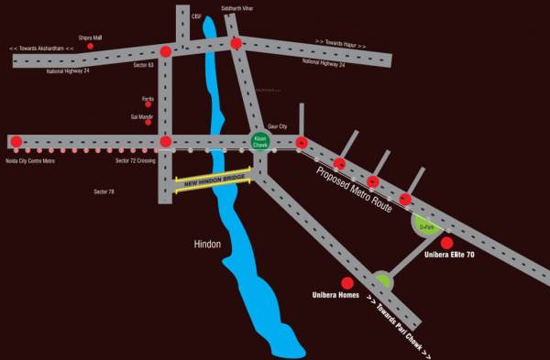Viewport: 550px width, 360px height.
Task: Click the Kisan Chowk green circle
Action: click(x=260, y=141)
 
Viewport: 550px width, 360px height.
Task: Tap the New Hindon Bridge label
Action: click(x=214, y=180)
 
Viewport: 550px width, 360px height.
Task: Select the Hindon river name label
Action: click(x=208, y=245)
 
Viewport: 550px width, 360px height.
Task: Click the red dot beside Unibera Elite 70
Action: click(x=447, y=243)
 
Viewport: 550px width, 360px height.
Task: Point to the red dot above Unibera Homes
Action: click(x=346, y=284)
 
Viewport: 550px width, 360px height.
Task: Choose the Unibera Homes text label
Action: click(x=334, y=297)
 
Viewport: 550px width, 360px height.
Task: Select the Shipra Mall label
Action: click(x=90, y=38)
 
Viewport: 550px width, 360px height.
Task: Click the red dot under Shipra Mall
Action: click(x=90, y=46)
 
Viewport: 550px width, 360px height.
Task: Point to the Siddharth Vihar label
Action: click(x=236, y=8)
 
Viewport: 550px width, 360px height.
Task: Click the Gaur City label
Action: click(x=277, y=125)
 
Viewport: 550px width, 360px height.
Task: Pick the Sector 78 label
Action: click(x=104, y=191)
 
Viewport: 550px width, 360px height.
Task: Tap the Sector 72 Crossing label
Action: click(x=136, y=160)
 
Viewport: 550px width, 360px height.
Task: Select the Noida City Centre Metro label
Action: click(x=31, y=160)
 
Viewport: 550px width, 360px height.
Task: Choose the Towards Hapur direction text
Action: click(x=340, y=44)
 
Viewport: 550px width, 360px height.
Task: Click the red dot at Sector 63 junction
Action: click(x=165, y=51)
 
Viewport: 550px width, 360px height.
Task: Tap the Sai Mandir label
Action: click(x=140, y=116)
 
